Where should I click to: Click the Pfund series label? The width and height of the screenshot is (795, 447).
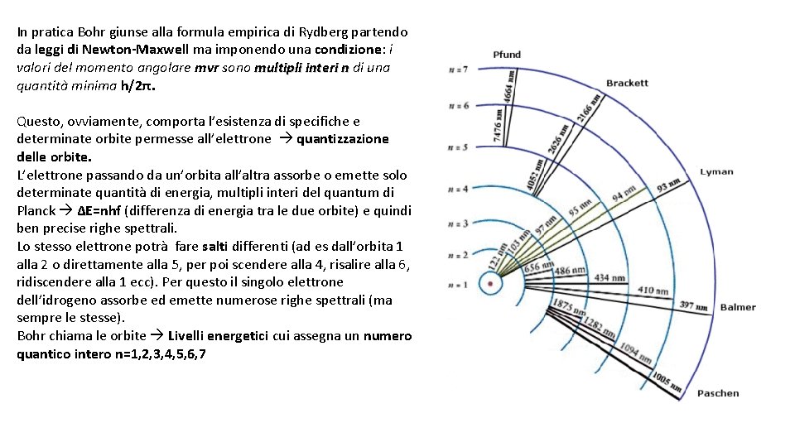coord(507,55)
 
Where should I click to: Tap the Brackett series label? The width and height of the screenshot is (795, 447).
coord(627,83)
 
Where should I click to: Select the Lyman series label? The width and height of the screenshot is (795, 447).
coord(716,172)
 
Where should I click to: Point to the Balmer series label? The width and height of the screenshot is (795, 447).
coord(737,307)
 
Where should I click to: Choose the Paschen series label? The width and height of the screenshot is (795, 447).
coord(717,393)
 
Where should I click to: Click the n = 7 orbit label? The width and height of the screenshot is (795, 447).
coord(458,69)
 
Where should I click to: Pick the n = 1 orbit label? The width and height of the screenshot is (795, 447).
coord(458,285)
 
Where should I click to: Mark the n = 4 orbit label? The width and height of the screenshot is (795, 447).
coord(458,190)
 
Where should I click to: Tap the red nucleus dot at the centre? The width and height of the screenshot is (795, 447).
coord(491,284)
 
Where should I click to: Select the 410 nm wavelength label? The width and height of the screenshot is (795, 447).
coord(653,291)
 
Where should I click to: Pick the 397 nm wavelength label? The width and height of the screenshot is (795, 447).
coord(692,305)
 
